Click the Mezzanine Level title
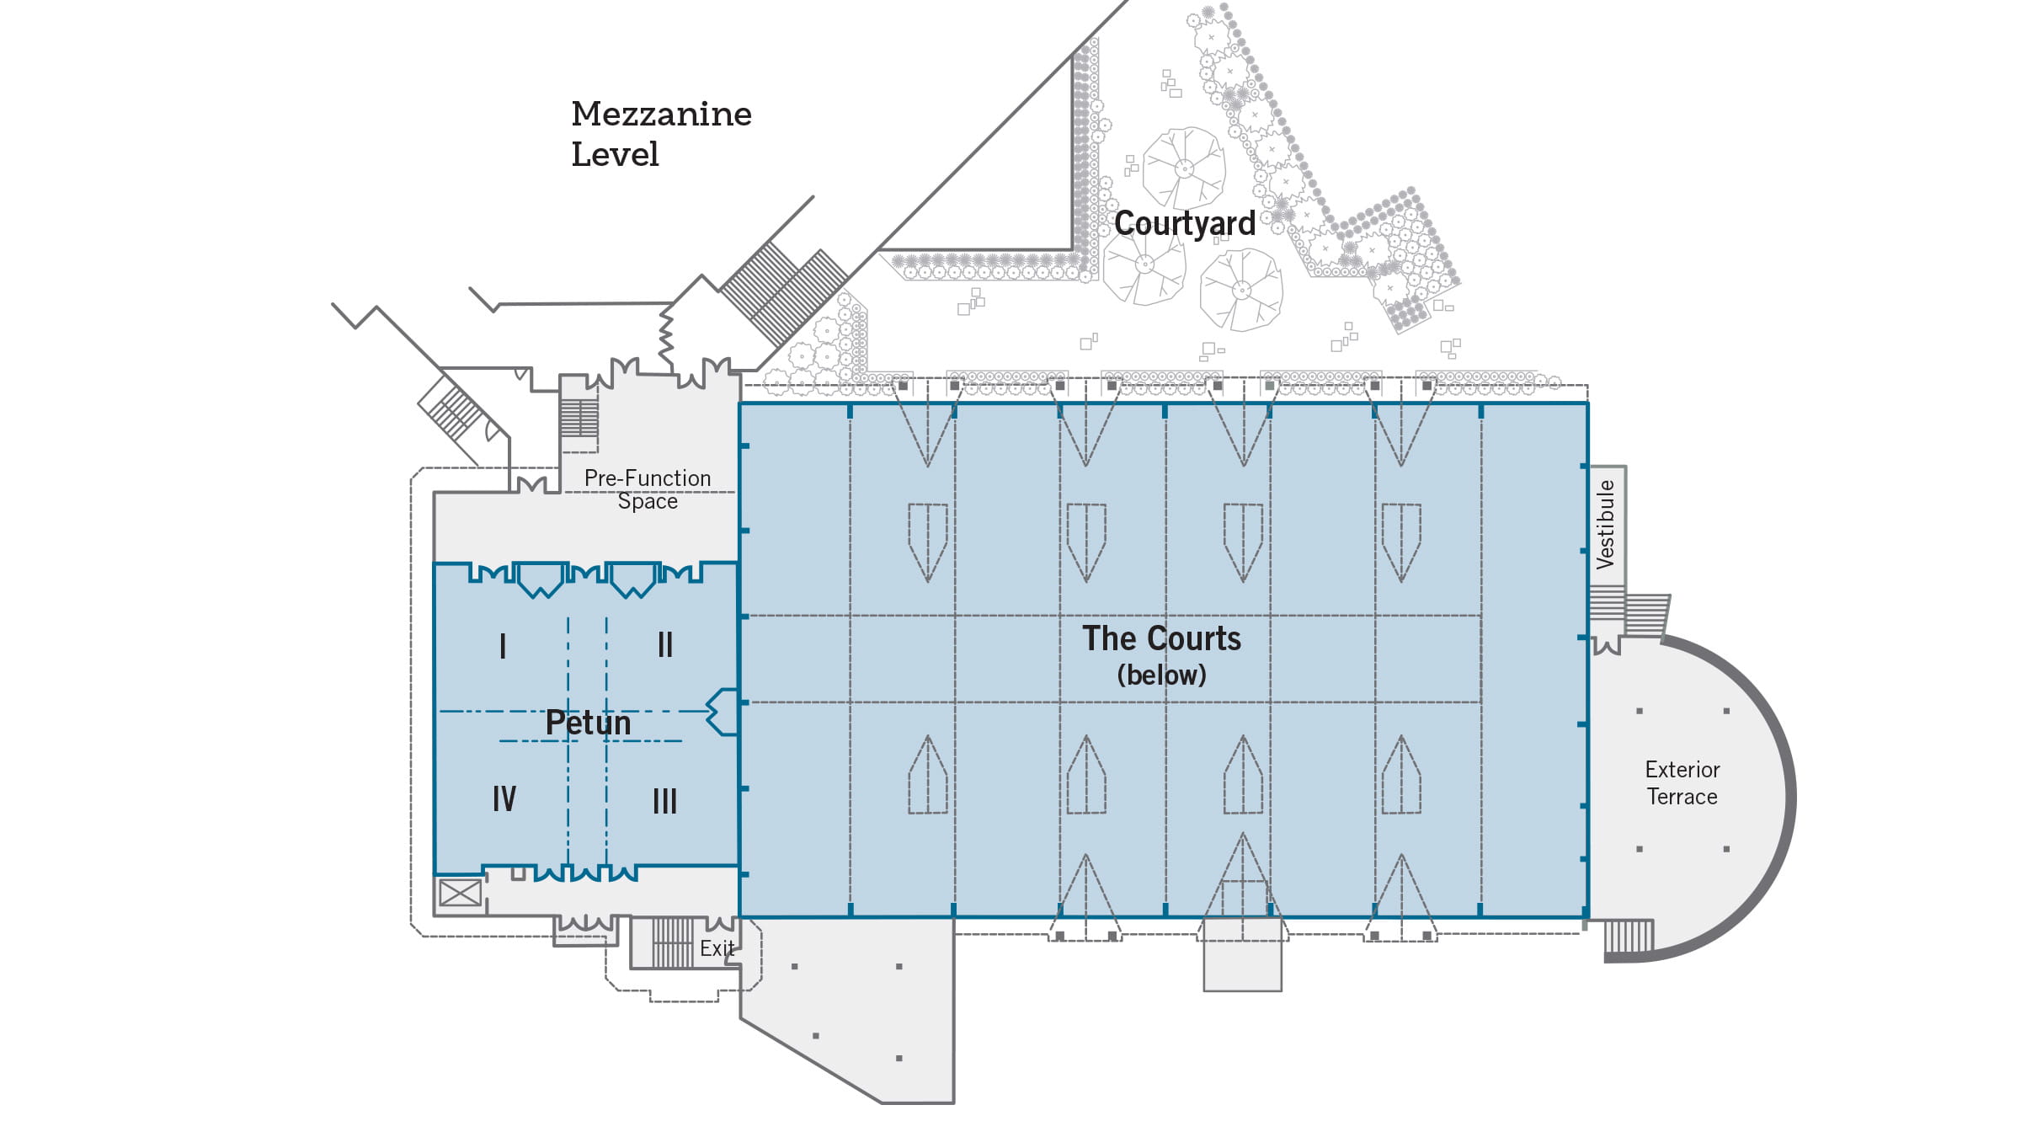click(x=661, y=134)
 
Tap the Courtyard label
click(x=1184, y=223)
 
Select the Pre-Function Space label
click(x=648, y=489)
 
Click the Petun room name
click(x=588, y=723)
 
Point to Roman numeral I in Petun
click(x=503, y=646)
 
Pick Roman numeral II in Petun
click(x=664, y=645)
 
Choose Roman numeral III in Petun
click(x=664, y=801)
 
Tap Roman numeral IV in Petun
click(x=504, y=798)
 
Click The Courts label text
click(x=1161, y=638)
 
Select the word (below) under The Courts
click(x=1161, y=675)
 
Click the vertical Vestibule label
click(x=1606, y=524)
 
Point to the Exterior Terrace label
click(x=1682, y=783)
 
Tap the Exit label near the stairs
click(x=717, y=948)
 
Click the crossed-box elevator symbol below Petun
click(x=461, y=893)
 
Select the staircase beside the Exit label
click(x=672, y=942)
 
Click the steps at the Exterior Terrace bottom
click(x=1629, y=936)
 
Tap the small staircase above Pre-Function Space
click(x=579, y=418)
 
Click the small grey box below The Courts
click(x=1242, y=954)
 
